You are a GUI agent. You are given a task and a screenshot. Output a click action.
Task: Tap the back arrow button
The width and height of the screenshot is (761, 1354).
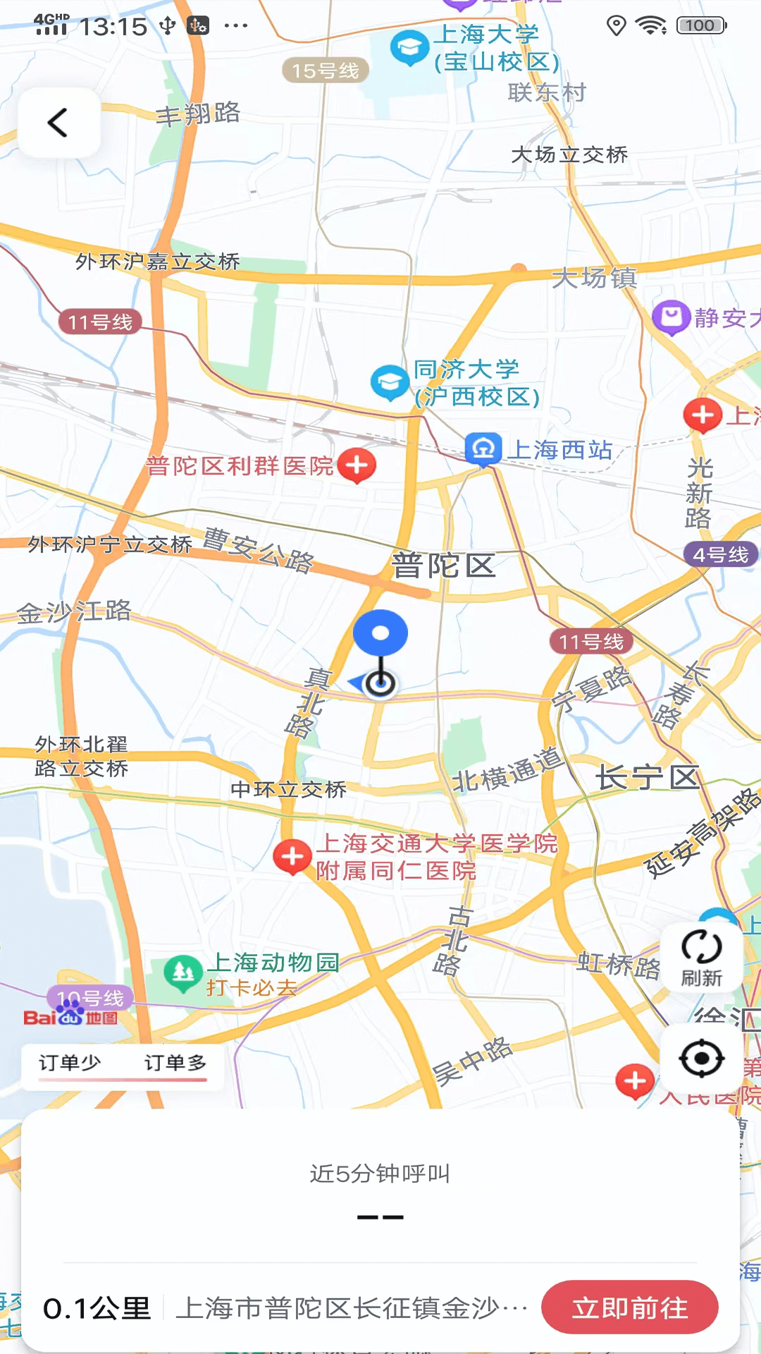point(58,123)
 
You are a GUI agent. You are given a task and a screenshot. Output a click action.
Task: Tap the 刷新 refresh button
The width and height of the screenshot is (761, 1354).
point(701,957)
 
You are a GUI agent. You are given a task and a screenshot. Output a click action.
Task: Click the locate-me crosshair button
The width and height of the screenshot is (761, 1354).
point(701,1059)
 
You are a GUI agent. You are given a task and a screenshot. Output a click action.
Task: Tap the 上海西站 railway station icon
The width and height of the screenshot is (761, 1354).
point(483,449)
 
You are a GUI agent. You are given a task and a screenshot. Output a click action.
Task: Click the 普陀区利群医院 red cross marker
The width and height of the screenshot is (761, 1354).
point(357,465)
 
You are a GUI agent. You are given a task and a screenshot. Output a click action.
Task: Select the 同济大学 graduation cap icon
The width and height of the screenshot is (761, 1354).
point(390,382)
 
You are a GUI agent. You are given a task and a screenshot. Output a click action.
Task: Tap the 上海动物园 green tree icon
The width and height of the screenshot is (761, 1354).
point(183,973)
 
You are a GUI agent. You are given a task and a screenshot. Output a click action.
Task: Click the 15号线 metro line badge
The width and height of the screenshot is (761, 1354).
point(326,71)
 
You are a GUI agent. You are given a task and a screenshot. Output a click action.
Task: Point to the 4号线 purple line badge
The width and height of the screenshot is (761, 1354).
point(720,554)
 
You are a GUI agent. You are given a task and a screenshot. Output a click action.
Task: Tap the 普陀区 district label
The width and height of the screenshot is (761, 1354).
point(444,566)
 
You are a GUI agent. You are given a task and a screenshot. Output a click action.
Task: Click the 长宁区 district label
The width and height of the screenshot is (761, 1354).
point(648,778)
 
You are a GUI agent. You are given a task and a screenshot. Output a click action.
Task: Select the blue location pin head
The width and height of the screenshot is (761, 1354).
point(380,633)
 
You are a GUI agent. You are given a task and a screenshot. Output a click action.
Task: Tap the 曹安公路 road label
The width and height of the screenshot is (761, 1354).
point(259,549)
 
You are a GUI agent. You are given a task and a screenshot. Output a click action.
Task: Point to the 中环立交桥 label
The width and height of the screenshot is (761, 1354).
point(289,789)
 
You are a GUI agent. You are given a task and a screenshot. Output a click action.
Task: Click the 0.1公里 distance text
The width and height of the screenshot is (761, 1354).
point(97,1309)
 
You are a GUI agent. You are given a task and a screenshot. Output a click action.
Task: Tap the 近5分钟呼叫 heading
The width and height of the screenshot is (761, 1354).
point(380,1173)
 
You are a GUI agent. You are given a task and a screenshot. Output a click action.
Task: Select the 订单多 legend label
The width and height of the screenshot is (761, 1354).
point(175,1063)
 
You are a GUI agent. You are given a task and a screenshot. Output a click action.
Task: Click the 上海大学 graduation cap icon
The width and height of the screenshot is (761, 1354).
point(409,48)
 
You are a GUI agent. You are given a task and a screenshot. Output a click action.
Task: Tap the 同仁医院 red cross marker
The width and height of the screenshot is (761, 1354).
point(292,856)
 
